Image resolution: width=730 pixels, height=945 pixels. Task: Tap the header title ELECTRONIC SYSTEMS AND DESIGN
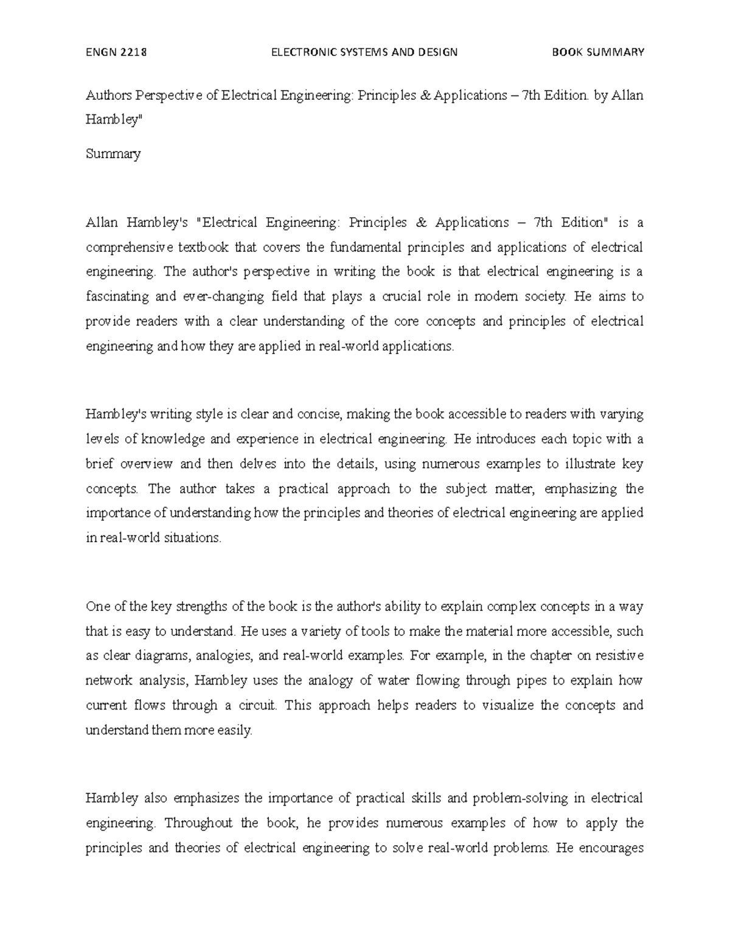point(364,52)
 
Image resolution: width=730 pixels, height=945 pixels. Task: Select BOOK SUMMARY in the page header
point(597,52)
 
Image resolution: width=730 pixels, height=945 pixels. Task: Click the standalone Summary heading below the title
point(113,154)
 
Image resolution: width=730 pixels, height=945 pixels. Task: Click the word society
point(546,297)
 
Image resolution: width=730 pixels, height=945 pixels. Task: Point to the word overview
point(146,464)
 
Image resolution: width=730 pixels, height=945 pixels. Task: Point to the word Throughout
point(198,823)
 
